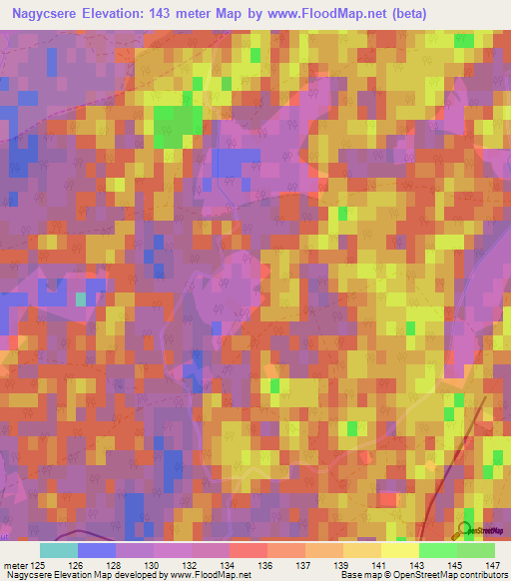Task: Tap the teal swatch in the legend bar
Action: tap(59, 550)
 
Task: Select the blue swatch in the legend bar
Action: tap(97, 550)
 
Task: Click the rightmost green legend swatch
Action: tap(475, 550)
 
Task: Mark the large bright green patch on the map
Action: tap(177, 125)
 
